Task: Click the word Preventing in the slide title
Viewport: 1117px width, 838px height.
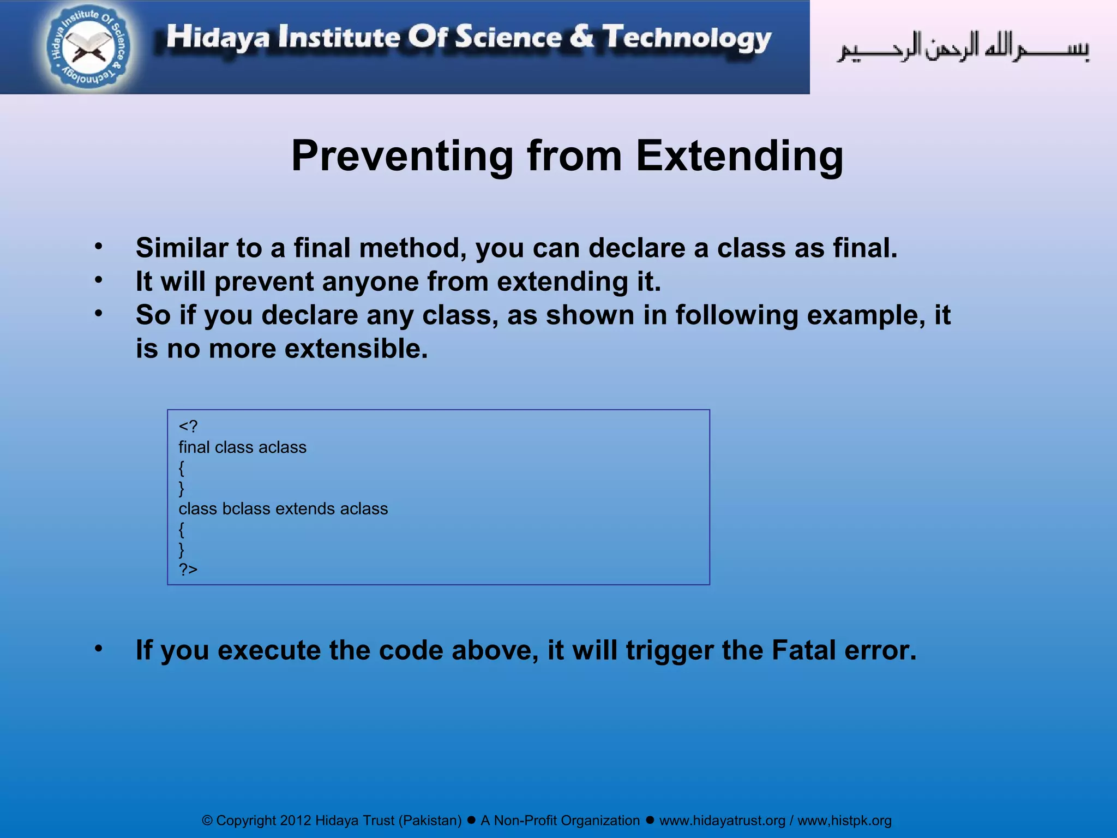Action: click(402, 157)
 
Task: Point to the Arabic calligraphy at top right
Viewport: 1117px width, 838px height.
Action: click(963, 48)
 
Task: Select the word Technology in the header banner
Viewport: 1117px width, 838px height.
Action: click(687, 38)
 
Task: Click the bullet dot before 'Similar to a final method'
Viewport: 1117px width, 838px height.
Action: click(98, 247)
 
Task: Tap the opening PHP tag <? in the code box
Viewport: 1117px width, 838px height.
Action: click(188, 426)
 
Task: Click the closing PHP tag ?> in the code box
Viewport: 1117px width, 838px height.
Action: click(188, 570)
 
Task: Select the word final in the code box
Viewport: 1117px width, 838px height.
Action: click(194, 447)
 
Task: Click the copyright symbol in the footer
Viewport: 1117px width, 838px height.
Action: click(207, 821)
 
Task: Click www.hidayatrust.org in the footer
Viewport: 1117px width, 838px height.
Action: click(722, 821)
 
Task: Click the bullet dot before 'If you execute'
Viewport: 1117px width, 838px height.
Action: click(98, 648)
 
